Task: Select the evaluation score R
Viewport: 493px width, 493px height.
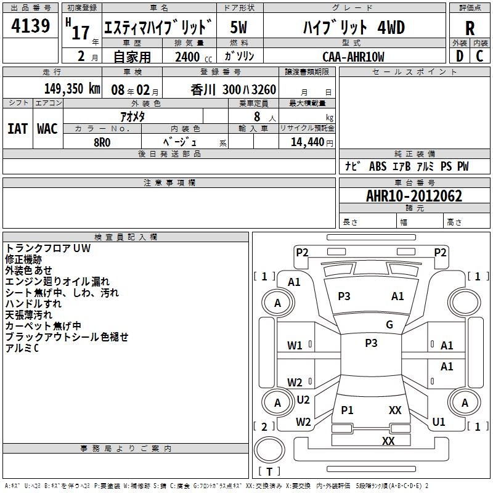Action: point(470,28)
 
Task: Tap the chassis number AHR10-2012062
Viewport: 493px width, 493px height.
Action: point(414,196)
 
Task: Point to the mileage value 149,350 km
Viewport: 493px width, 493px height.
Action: point(72,89)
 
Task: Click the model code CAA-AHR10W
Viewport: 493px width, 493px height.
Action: point(353,57)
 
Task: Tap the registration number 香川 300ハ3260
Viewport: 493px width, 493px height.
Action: point(234,89)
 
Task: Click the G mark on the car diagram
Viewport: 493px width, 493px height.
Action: point(389,325)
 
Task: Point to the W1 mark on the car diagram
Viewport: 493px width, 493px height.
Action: point(295,346)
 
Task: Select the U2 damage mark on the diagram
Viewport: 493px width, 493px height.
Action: point(303,400)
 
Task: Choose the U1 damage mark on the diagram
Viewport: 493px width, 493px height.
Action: point(438,422)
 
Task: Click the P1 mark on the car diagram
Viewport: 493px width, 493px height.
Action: point(347,410)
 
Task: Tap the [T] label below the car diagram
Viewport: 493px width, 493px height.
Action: point(269,471)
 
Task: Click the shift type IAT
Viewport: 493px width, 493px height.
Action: point(18,129)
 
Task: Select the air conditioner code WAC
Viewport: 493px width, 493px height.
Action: point(47,129)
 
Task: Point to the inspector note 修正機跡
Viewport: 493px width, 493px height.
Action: point(23,259)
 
